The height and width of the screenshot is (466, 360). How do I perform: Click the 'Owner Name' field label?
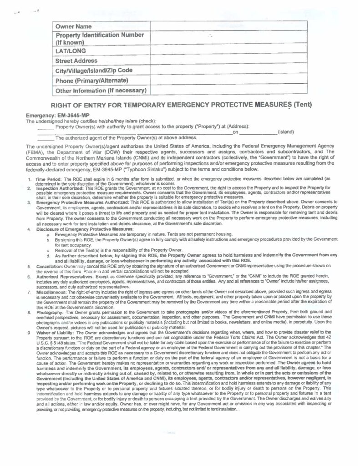[x=73, y=27]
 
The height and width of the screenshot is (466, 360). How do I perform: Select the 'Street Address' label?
[x=76, y=61]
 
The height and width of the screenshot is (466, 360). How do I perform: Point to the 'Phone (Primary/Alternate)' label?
[x=91, y=81]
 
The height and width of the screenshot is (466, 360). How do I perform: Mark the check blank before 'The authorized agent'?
[x=45, y=137]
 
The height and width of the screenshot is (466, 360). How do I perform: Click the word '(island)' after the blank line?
[x=286, y=132]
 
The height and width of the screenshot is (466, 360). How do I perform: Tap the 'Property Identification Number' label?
[x=100, y=35]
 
